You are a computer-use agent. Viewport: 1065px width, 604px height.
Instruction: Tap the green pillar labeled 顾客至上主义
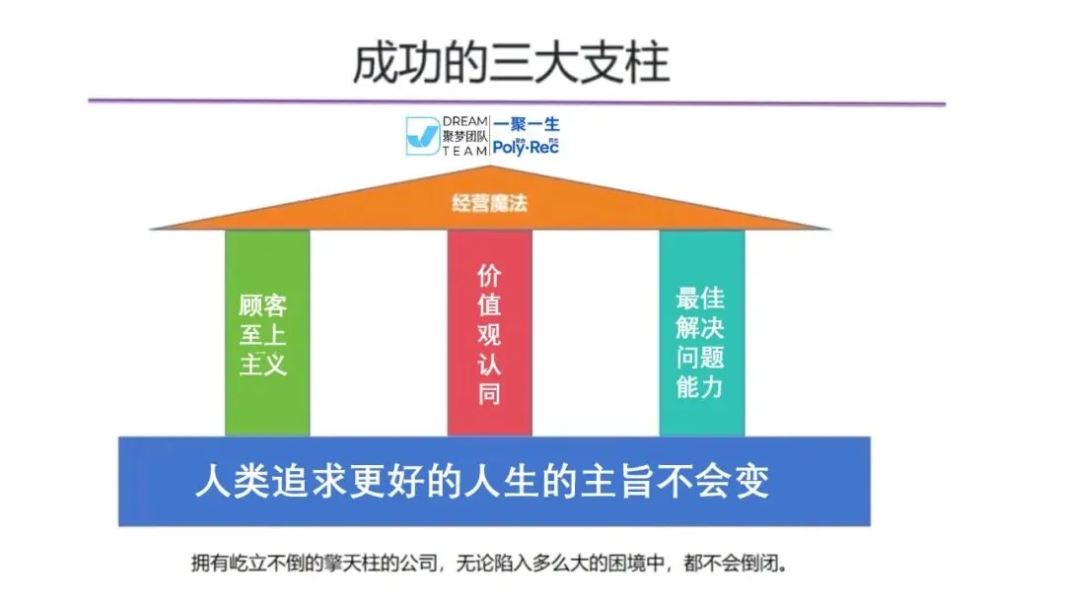(266, 333)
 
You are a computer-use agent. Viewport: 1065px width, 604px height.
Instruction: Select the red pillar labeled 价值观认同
(489, 333)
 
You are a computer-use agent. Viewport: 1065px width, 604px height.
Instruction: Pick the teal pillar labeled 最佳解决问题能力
(701, 333)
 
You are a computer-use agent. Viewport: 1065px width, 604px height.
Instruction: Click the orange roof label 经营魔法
(490, 204)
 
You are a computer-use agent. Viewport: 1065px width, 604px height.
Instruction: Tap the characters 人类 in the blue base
(229, 483)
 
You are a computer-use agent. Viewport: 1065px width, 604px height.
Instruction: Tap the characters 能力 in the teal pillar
(701, 385)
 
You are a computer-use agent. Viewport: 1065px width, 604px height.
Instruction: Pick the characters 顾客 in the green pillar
(263, 305)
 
